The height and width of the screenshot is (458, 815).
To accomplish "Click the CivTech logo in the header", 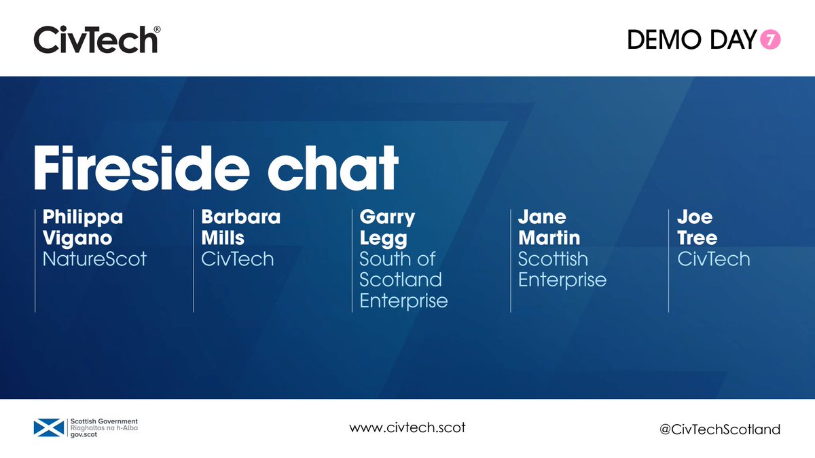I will [x=95, y=39].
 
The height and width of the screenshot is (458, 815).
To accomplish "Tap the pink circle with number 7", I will [x=771, y=41].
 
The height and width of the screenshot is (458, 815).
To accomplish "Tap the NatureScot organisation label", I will [x=94, y=259].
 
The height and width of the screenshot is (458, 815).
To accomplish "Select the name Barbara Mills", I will [x=240, y=227].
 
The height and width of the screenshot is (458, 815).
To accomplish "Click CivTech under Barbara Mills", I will [x=238, y=259].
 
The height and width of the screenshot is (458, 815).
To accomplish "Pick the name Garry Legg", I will [x=388, y=227].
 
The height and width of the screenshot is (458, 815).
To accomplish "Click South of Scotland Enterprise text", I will [x=403, y=280].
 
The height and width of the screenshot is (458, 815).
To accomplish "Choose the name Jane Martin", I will [x=549, y=227].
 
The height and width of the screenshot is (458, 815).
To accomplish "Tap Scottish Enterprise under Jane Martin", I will [x=562, y=269].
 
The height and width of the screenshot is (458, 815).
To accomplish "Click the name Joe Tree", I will [x=697, y=227].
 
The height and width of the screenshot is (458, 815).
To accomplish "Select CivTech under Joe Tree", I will [x=713, y=259].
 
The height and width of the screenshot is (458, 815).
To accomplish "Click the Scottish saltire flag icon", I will [x=49, y=427].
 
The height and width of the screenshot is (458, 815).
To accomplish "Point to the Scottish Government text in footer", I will [x=104, y=421].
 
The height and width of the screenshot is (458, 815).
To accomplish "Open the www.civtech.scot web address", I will [x=407, y=428].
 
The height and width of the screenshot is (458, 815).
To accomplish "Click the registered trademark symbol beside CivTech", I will [x=157, y=30].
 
